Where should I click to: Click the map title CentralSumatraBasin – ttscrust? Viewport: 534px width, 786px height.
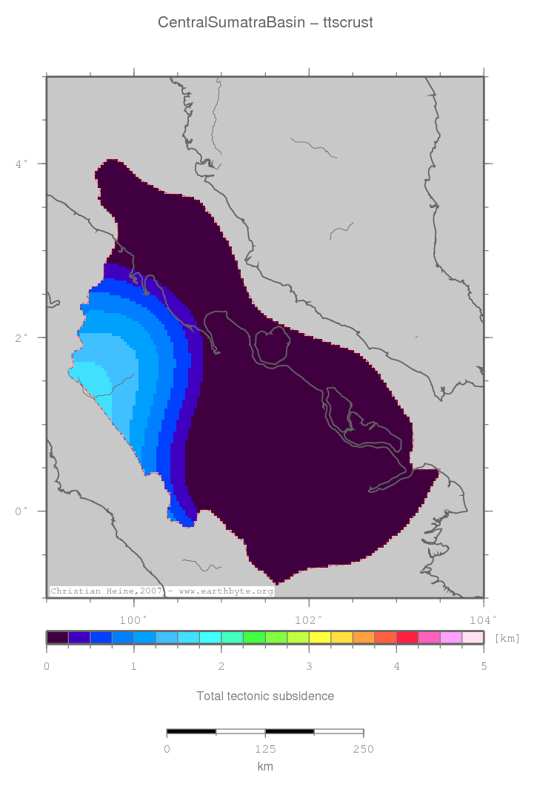pyautogui.click(x=265, y=23)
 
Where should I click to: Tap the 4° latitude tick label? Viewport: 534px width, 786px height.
pyautogui.click(x=21, y=163)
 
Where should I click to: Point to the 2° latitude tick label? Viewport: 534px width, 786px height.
pyautogui.click(x=21, y=337)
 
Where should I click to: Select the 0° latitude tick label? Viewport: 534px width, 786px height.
pyautogui.click(x=21, y=511)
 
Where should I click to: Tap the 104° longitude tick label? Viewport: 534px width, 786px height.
pyautogui.click(x=482, y=619)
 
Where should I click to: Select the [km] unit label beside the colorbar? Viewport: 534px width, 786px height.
pyautogui.click(x=507, y=638)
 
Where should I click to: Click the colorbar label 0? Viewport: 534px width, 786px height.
pyautogui.click(x=47, y=667)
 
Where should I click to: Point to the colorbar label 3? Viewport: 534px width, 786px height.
pyautogui.click(x=309, y=667)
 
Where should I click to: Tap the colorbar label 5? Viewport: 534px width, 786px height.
pyautogui.click(x=484, y=667)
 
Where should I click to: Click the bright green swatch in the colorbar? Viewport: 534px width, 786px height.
pyautogui.click(x=254, y=637)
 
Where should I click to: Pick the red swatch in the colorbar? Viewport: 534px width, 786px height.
pyautogui.click(x=407, y=637)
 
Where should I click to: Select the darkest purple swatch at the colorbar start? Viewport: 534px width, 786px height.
pyautogui.click(x=58, y=637)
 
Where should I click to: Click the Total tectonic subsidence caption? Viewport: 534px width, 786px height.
pyautogui.click(x=265, y=696)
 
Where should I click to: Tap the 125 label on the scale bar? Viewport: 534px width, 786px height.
pyautogui.click(x=265, y=750)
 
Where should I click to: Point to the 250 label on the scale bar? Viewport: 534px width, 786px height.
pyautogui.click(x=363, y=750)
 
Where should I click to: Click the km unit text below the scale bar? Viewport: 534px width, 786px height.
pyautogui.click(x=265, y=767)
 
